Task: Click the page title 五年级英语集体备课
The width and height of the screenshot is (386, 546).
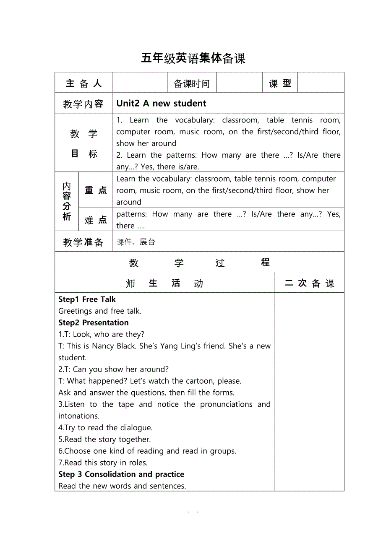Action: pos(193,58)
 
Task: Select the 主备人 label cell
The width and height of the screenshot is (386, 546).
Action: pos(84,83)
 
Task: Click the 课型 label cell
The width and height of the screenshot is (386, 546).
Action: pos(280,83)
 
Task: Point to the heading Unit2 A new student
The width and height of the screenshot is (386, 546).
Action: pos(162,103)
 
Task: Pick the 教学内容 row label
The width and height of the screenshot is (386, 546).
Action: pos(83,104)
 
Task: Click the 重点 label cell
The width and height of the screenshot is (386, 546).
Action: pos(96,190)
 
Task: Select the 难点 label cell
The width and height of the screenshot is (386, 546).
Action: pos(96,220)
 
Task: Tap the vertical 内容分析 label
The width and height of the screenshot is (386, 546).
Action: pos(67,202)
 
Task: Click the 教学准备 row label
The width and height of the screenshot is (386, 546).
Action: pos(83,242)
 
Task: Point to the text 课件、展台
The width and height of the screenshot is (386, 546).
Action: pos(136,242)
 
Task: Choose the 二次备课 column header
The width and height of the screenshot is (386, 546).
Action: pos(309,283)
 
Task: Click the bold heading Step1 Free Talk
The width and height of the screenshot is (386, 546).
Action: pos(87,299)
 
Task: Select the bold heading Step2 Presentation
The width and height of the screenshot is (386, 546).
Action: pos(94,322)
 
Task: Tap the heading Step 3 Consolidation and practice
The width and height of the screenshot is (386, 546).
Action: pos(121,474)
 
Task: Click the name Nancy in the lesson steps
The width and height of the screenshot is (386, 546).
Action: pos(103,346)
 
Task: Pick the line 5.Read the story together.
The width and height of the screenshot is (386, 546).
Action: pos(104,439)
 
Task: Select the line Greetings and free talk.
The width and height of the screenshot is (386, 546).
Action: pos(100,311)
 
